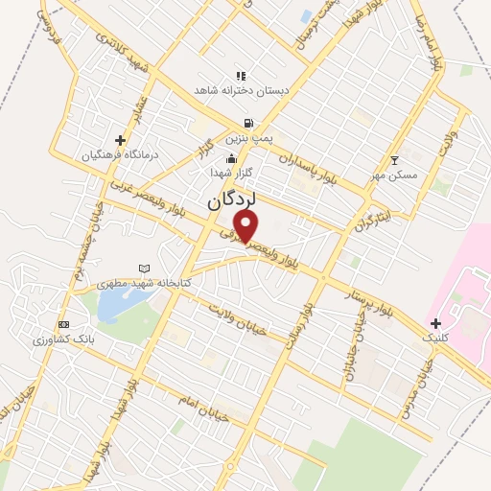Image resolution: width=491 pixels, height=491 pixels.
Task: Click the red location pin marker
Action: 246,226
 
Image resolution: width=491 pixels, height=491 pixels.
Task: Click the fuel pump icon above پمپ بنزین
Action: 249,123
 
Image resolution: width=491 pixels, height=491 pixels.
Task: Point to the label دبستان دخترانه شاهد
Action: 241,90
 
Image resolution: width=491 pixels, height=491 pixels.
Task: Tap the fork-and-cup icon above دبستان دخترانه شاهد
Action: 241,75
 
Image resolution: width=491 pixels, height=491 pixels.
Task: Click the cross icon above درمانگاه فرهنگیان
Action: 120,140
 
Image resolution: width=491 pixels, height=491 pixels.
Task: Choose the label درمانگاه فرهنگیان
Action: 119,154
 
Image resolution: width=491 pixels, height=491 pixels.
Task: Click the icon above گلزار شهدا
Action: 230,159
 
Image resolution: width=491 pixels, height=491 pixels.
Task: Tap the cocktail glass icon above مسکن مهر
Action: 394,160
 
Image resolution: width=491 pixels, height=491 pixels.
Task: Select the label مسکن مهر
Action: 393,175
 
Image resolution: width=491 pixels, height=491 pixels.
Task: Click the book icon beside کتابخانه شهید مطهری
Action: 144,268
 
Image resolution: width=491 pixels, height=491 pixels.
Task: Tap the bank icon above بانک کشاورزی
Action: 64,324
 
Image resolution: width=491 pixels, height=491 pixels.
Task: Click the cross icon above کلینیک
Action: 435,323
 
